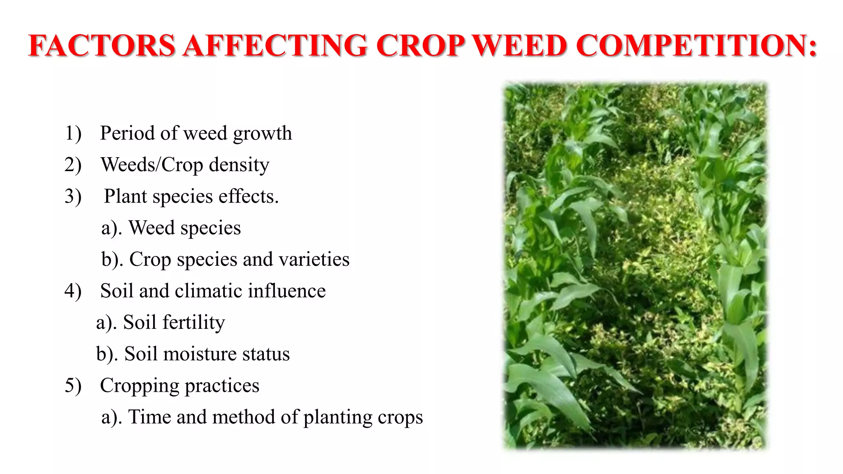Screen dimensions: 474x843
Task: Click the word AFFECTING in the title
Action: point(275,45)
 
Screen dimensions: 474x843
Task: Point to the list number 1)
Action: point(73,133)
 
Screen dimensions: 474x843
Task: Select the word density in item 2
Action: point(239,165)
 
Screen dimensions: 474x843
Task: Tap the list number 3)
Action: point(73,196)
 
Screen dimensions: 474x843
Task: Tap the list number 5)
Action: point(73,386)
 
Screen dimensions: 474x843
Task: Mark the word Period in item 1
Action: point(127,133)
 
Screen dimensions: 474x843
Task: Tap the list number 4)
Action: point(73,291)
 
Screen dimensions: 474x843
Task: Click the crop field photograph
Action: point(635,265)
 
